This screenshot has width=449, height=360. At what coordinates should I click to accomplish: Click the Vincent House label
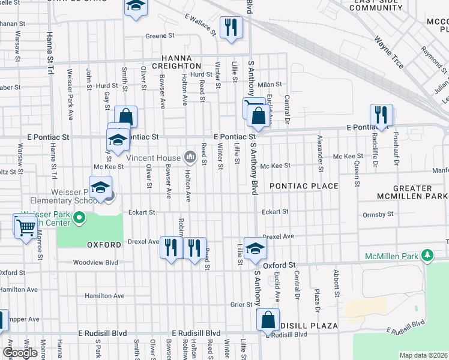(x=154, y=158)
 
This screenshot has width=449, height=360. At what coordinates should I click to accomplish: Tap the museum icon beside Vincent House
(x=190, y=158)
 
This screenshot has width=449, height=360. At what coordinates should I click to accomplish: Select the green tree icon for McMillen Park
(x=427, y=256)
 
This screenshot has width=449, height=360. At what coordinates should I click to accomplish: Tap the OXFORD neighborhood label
(x=100, y=245)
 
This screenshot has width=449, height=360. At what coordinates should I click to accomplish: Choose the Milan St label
(x=270, y=85)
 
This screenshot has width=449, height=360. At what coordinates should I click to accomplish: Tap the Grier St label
(x=241, y=305)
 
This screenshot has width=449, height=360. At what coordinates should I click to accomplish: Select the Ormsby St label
(x=378, y=214)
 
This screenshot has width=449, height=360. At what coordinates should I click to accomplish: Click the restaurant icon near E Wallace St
(x=230, y=27)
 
